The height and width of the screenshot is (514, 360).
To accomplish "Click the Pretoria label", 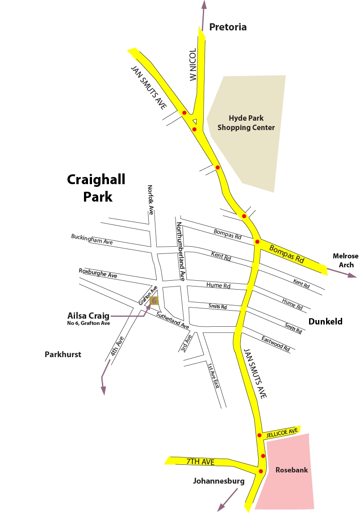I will [x=228, y=27].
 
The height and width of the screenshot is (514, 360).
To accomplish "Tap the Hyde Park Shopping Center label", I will [x=246, y=123].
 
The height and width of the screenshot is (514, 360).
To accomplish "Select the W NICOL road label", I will [x=193, y=65].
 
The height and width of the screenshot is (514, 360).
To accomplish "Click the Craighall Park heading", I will [x=96, y=188].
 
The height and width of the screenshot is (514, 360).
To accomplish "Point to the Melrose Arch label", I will [x=346, y=260].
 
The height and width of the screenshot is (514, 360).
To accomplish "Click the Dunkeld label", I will [x=326, y=321].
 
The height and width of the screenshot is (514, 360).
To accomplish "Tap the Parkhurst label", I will [x=63, y=354].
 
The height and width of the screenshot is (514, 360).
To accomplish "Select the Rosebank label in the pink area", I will [x=292, y=470].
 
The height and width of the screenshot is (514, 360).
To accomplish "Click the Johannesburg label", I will [x=219, y=481].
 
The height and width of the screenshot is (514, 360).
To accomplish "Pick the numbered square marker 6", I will [x=154, y=300].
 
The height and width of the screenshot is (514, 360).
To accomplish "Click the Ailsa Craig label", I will [x=88, y=316].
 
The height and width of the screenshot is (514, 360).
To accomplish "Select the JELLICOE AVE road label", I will [x=282, y=432].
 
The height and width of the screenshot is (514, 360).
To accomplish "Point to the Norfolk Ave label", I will [x=151, y=200].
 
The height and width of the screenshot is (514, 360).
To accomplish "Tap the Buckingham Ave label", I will [x=92, y=239].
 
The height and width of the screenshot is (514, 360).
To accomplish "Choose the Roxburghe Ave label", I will [x=98, y=273].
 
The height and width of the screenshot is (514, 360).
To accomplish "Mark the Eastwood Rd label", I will [x=276, y=343].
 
